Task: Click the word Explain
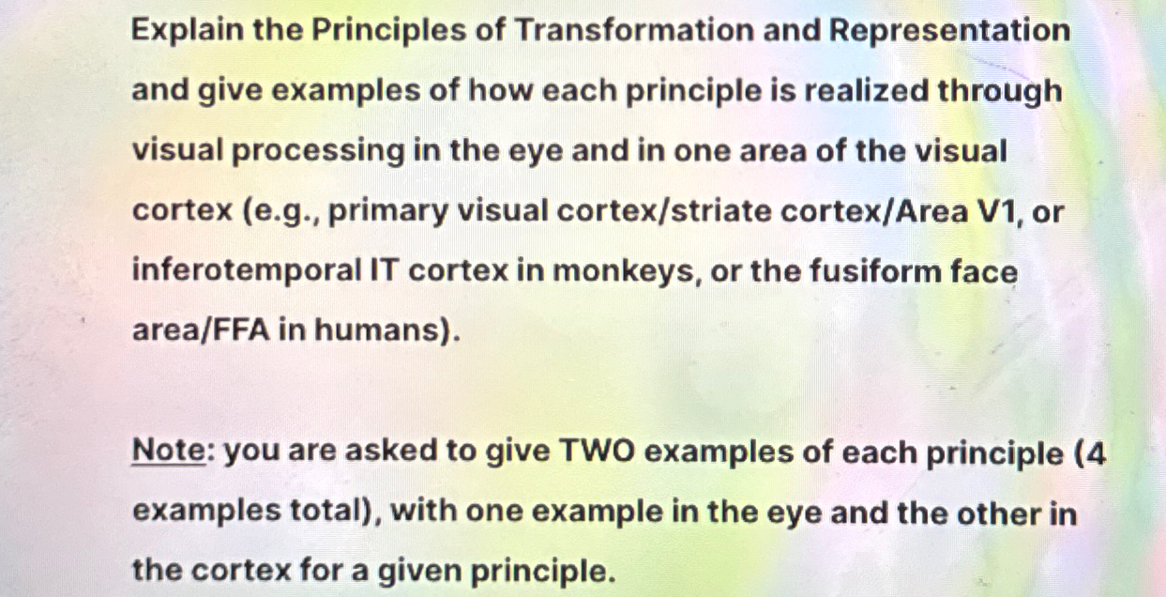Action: point(185,31)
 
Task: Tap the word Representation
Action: point(949,31)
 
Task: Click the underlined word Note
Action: point(168,452)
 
